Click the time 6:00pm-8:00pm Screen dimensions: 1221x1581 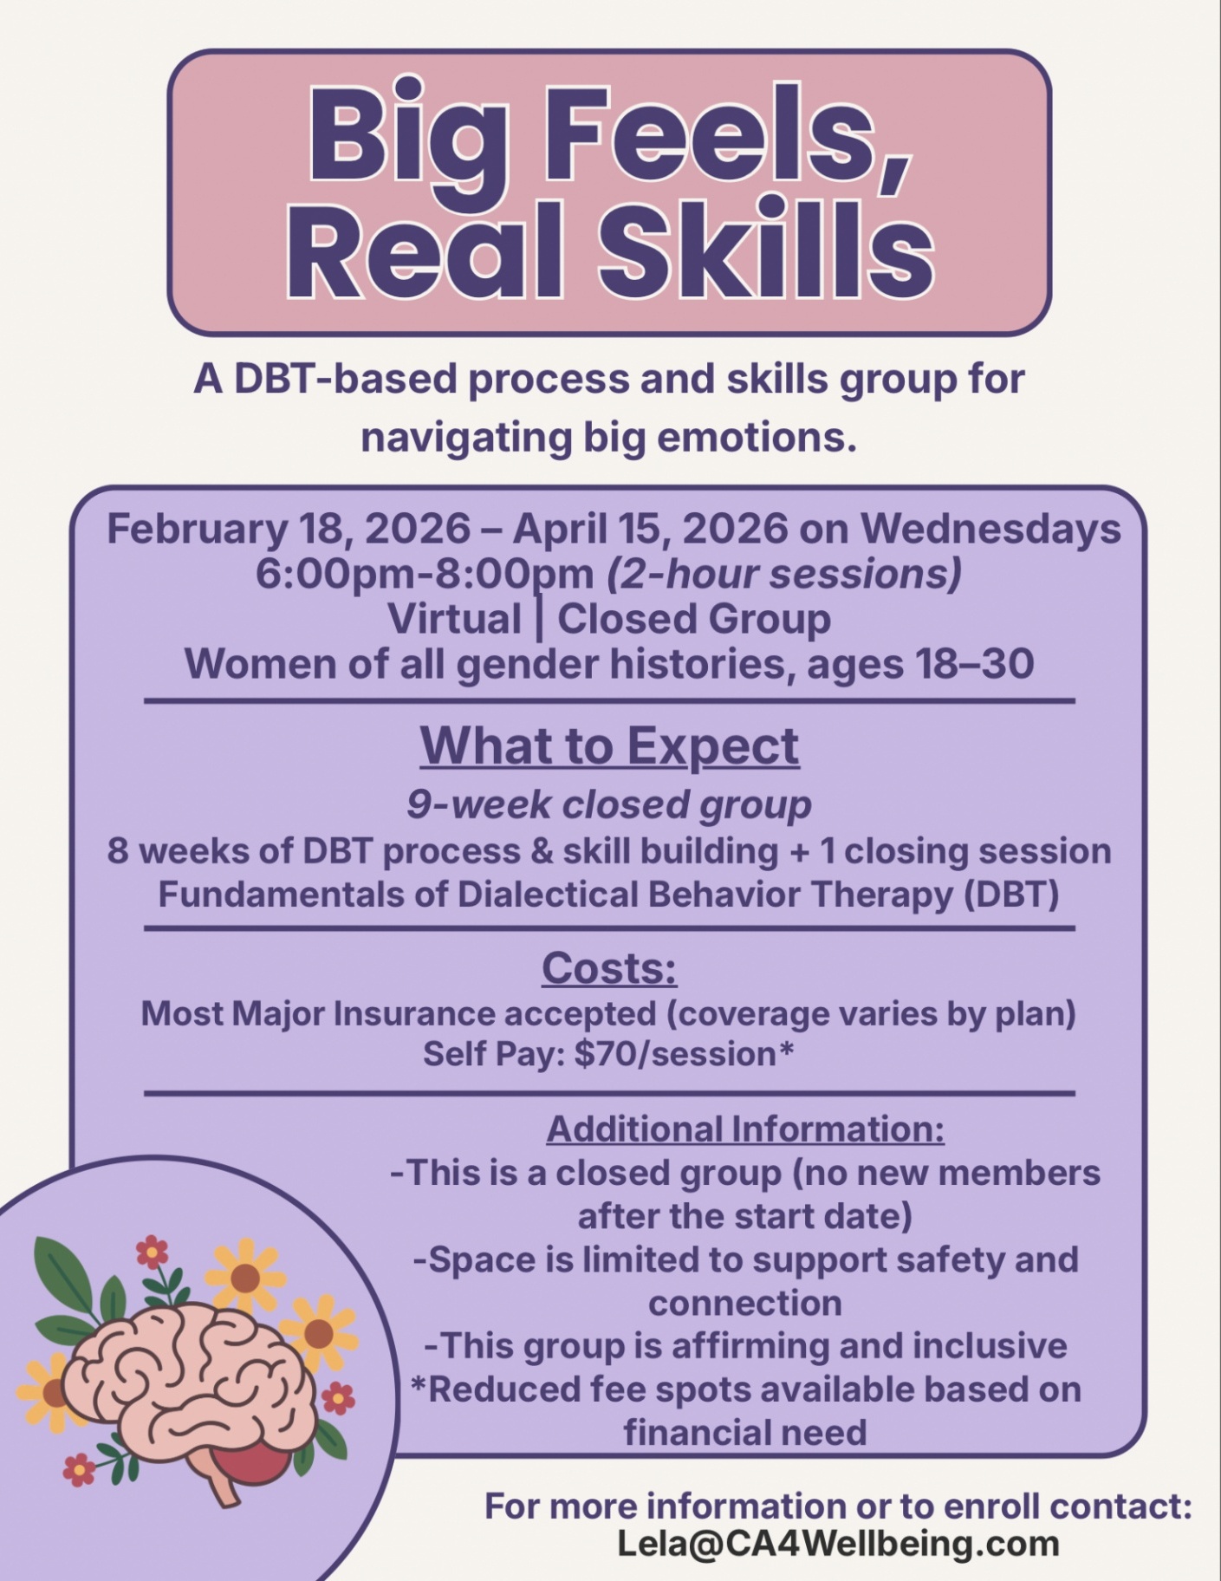click(425, 574)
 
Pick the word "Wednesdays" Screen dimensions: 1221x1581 click(990, 529)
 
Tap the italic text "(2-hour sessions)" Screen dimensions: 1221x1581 click(784, 575)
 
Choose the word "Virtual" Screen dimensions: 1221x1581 click(454, 619)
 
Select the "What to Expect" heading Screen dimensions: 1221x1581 click(609, 746)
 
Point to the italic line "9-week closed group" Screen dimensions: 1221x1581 click(609, 805)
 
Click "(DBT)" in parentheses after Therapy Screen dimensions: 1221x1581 click(1011, 894)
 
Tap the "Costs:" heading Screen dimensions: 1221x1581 click(609, 968)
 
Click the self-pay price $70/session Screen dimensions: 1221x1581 click(674, 1055)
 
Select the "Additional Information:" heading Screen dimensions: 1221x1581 click(745, 1129)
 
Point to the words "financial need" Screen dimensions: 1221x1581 click(745, 1432)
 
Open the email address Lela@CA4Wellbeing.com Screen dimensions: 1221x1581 click(838, 1544)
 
